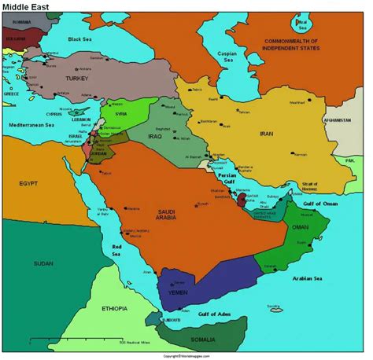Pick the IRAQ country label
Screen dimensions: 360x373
click(x=160, y=135)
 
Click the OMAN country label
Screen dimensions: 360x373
click(x=301, y=229)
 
